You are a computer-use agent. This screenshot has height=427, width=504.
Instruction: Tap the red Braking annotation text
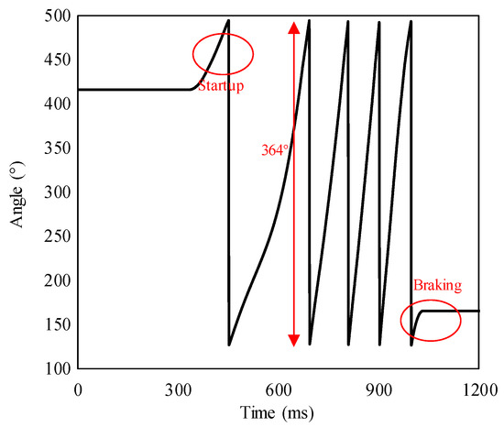(x=436, y=284)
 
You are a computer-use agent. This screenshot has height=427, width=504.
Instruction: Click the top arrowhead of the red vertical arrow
(x=293, y=27)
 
